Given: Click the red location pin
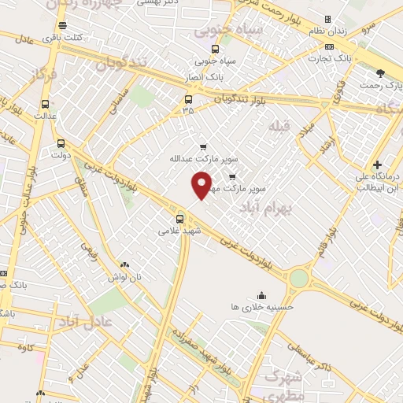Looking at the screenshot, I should point(202,184).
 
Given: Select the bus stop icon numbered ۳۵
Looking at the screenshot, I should point(188,99).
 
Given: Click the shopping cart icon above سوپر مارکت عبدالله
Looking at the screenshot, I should point(203,146).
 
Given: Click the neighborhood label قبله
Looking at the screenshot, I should point(279,126).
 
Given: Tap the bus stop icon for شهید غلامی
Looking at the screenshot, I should point(180,219).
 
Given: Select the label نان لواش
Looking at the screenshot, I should point(124,278).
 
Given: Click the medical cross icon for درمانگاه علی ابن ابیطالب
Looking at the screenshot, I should point(379,165).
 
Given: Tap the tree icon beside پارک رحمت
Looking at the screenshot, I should point(381,72).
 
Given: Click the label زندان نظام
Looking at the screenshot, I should point(326,30).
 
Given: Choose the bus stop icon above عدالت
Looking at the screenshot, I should point(45,103).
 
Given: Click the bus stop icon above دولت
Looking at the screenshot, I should point(61,143).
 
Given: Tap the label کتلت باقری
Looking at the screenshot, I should point(64,37).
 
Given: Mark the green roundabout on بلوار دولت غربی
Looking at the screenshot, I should point(298,278).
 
